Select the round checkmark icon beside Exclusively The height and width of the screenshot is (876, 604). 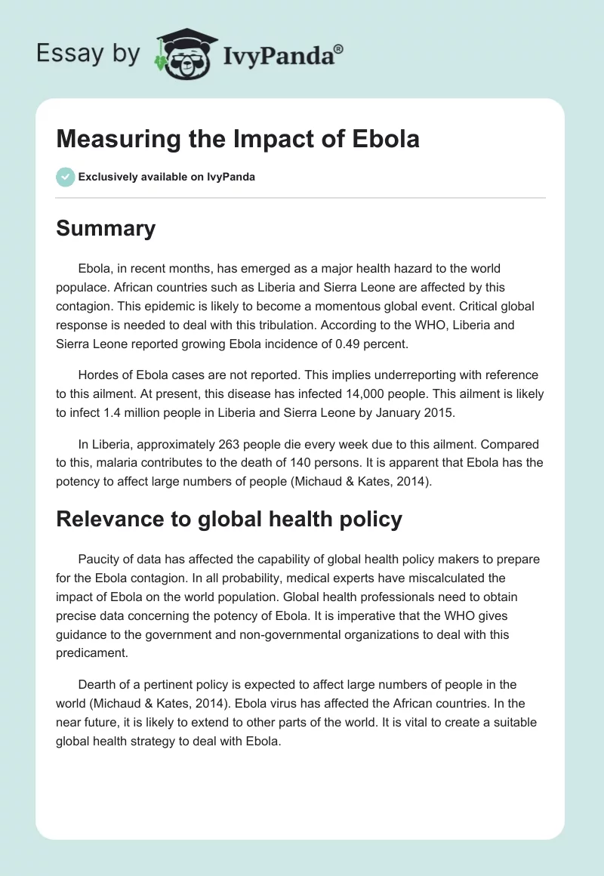tap(65, 177)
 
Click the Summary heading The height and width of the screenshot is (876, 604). tap(106, 228)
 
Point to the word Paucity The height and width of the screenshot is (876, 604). tap(99, 560)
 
